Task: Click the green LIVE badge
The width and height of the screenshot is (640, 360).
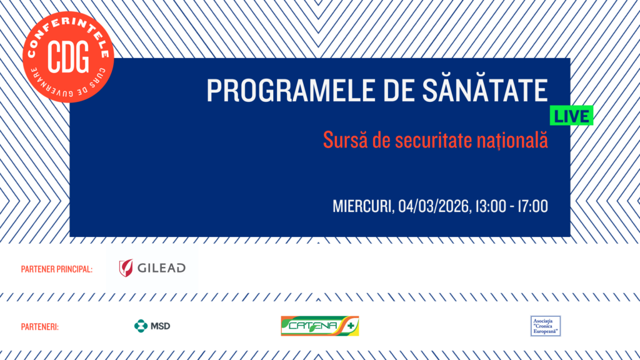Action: click(571, 116)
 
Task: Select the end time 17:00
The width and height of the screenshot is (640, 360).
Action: click(532, 206)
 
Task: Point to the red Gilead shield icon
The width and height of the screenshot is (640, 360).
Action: click(126, 268)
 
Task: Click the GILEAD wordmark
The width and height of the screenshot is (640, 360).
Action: click(161, 268)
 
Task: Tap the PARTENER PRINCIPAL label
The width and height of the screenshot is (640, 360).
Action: click(57, 269)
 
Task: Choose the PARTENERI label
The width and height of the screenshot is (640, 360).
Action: click(40, 326)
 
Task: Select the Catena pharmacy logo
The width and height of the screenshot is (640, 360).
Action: click(319, 326)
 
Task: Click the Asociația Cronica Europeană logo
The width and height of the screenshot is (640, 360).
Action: click(546, 326)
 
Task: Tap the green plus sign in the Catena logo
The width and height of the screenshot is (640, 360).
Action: click(352, 326)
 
